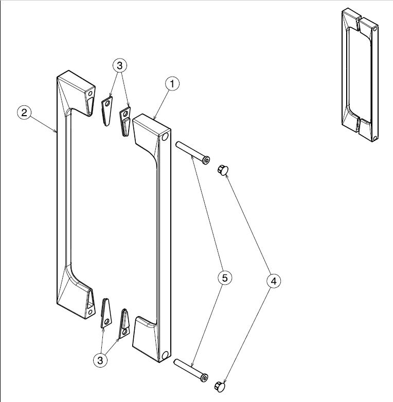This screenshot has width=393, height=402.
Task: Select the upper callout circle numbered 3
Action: pyautogui.click(x=119, y=66)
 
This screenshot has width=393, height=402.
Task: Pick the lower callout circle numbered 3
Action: pyautogui.click(x=100, y=360)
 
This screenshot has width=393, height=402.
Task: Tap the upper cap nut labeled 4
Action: pyautogui.click(x=222, y=169)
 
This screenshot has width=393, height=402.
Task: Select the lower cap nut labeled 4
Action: pyautogui.click(x=219, y=385)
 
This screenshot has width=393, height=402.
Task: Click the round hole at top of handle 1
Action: pyautogui.click(x=165, y=138)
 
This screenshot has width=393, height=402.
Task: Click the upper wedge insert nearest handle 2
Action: pyautogui.click(x=107, y=111)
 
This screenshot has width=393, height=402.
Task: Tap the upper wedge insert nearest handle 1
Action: pyautogui.click(x=125, y=121)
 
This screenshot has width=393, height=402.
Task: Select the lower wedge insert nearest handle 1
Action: pyautogui.click(x=124, y=324)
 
